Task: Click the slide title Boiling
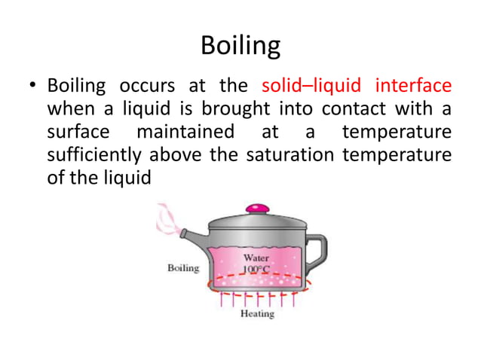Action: pos(240,47)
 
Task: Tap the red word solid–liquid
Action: pos(309,84)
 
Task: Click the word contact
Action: pos(351,108)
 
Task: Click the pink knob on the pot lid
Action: pos(258,206)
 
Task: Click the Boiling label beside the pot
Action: pos(182,268)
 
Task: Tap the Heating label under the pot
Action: pos(256,313)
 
